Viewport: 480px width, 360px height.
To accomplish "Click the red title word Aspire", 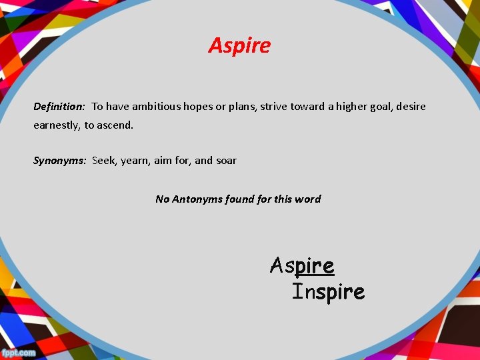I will click(239, 45).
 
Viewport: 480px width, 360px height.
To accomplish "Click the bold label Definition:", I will click(59, 107).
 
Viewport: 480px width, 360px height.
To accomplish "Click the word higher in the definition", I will click(355, 107).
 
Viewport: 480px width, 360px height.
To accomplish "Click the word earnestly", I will click(57, 125).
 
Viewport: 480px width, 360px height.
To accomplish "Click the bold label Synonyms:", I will click(60, 161).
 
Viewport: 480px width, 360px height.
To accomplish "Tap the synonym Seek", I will click(105, 161).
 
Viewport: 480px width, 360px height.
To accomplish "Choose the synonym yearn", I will click(136, 161).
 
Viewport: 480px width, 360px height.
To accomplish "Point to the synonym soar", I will click(226, 161).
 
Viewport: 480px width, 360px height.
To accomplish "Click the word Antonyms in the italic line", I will click(200, 199).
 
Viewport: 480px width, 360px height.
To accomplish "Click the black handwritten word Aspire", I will click(302, 266).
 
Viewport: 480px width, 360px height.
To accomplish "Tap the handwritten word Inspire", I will click(329, 291).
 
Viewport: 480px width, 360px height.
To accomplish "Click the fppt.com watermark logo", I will click(19, 352).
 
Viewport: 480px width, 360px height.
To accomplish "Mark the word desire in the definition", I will click(410, 107).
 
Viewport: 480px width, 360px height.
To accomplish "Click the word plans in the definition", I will click(243, 107).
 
